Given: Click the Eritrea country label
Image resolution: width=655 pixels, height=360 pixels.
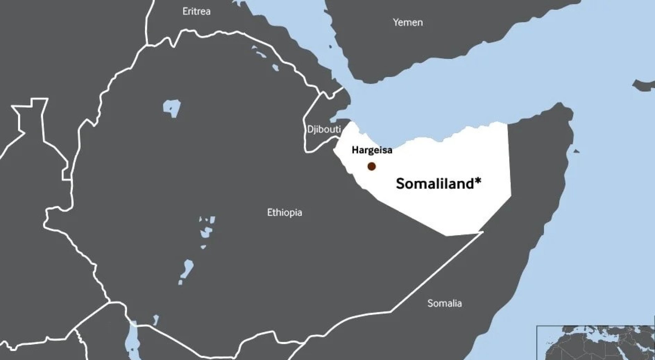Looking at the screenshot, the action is tap(196, 12).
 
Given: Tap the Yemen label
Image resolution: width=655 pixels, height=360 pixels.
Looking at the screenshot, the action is tap(408, 22).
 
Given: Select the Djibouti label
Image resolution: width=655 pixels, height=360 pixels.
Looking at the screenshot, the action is tap(323, 129).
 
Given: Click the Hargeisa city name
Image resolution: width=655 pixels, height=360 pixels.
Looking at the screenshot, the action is tap(372, 150).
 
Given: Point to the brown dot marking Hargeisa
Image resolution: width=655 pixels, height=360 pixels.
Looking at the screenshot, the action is tap(371, 166).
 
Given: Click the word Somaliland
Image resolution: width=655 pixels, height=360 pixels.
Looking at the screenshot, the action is tap(435, 184).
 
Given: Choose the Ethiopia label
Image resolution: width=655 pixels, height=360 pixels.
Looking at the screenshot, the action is tap(284, 213).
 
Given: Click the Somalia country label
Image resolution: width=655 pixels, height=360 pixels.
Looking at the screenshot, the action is tap(444, 303).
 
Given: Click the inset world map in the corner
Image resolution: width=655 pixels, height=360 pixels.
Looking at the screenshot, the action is tap(596, 343).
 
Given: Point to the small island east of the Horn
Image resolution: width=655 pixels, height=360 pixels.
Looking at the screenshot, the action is tap(576, 151).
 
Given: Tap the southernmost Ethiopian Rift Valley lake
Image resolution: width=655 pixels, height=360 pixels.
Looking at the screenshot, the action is tap(186, 270).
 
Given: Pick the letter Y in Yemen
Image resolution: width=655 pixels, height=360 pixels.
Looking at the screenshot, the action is tap(396, 22).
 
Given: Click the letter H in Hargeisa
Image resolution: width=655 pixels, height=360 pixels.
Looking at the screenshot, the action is tap(355, 150).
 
